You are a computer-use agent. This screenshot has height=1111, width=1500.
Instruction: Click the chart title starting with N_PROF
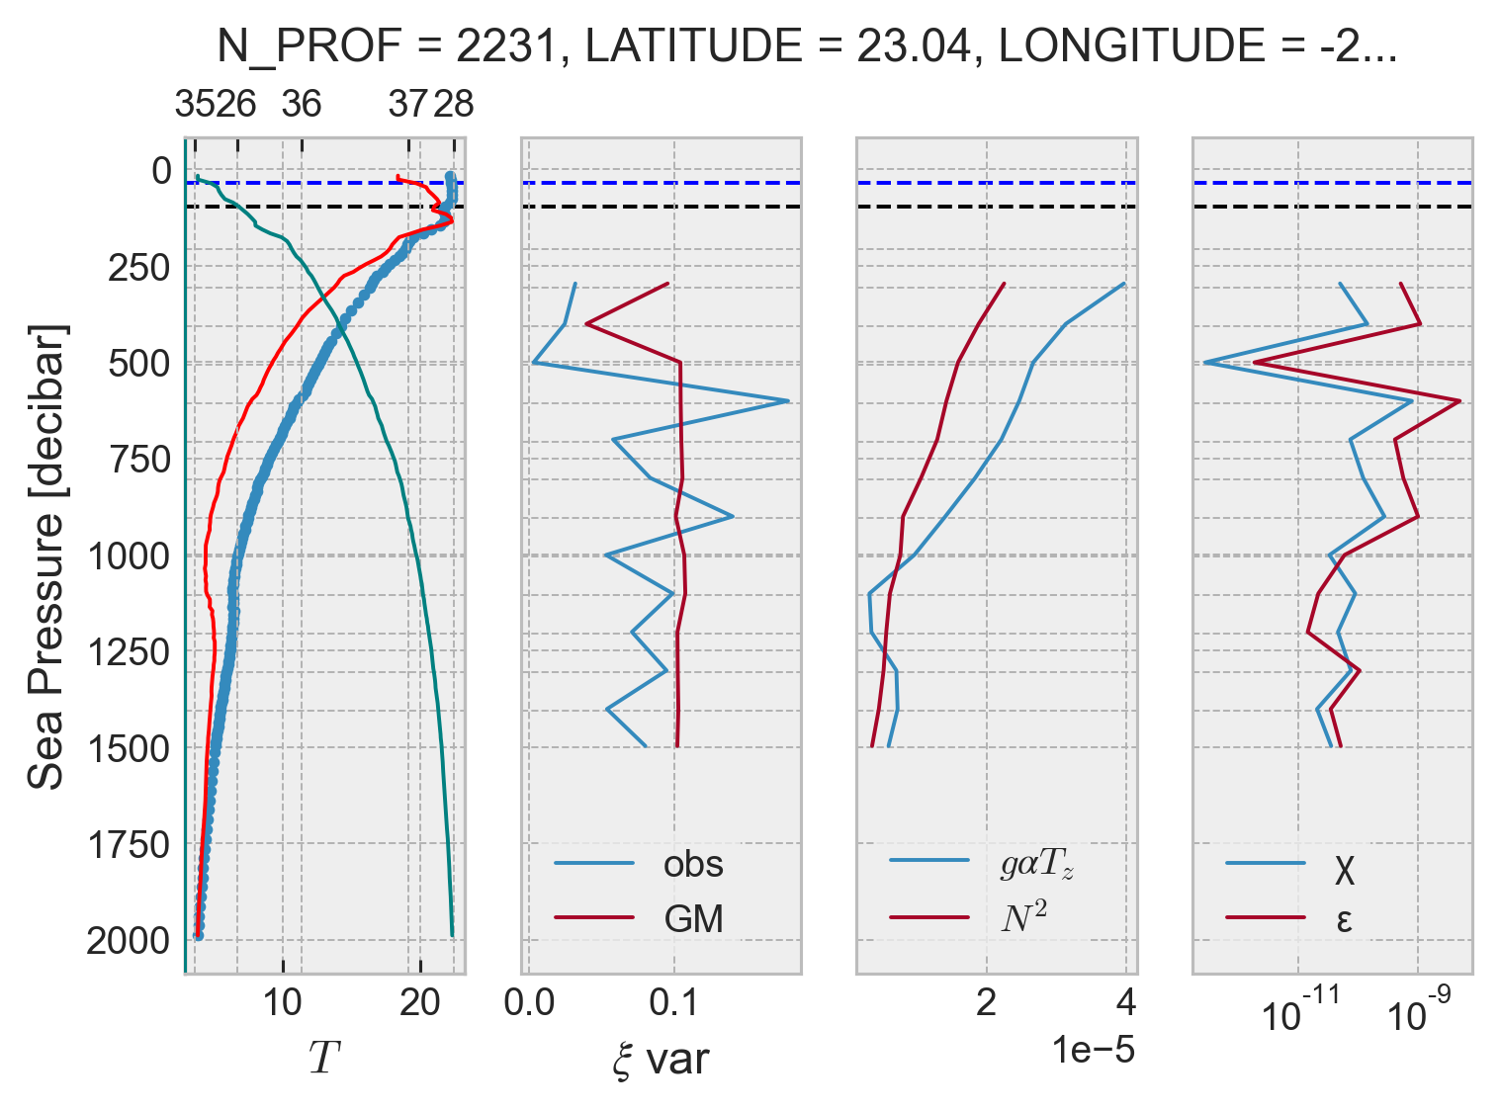pyautogui.click(x=806, y=46)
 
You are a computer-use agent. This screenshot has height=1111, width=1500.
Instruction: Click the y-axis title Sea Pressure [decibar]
pyautogui.click(x=46, y=555)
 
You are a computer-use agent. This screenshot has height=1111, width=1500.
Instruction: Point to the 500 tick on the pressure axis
pyautogui.click(x=138, y=364)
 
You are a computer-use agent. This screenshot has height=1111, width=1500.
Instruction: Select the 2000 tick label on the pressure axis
pyautogui.click(x=129, y=941)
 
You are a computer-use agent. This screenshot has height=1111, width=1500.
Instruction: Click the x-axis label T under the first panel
pyautogui.click(x=323, y=1058)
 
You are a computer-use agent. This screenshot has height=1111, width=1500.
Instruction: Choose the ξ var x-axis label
pyautogui.click(x=661, y=1060)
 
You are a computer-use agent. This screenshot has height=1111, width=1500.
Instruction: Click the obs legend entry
pyautogui.click(x=692, y=864)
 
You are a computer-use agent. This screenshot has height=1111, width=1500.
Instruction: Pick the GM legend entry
pyautogui.click(x=692, y=919)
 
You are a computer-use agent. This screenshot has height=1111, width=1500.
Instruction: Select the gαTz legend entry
pyautogui.click(x=1035, y=864)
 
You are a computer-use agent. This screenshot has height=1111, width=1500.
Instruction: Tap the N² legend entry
pyautogui.click(x=1023, y=918)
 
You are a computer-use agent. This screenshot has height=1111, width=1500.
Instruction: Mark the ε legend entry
pyautogui.click(x=1344, y=920)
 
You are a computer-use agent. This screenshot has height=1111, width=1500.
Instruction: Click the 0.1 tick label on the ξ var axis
pyautogui.click(x=674, y=1004)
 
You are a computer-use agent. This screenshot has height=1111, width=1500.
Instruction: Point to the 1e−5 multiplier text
pyautogui.click(x=1093, y=1050)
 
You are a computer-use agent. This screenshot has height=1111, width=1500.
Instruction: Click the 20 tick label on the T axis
pyautogui.click(x=419, y=1004)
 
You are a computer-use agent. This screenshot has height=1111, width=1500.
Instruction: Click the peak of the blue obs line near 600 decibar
pyautogui.click(x=787, y=401)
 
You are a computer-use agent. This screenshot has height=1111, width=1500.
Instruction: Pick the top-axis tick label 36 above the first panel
pyautogui.click(x=301, y=104)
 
